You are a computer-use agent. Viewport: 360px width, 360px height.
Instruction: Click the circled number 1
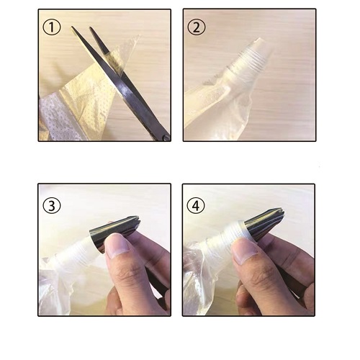[52, 27]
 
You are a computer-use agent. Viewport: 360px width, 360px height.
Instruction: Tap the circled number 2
[197, 27]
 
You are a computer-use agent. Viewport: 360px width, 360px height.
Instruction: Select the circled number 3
[52, 205]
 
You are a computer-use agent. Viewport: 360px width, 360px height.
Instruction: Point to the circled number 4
[196, 205]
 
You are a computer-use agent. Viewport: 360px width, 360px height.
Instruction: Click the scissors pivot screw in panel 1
[166, 138]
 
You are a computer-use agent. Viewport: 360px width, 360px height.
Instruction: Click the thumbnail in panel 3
[117, 245]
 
